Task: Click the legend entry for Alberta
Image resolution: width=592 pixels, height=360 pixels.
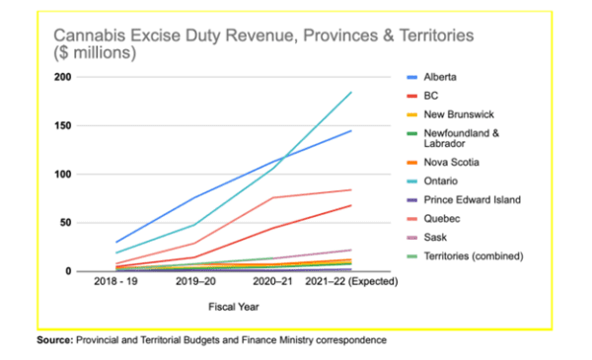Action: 440,77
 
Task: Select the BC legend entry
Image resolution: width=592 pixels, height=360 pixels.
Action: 431,98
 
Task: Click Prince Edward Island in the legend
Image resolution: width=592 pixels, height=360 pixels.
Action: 472,200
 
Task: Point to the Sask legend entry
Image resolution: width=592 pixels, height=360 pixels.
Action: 435,238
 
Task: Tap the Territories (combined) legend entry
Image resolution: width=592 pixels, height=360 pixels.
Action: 473,256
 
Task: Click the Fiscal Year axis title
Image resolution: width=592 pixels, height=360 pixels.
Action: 233,305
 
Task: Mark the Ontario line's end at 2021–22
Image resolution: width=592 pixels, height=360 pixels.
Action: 351,93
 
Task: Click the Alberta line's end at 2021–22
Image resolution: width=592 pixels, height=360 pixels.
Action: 351,130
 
